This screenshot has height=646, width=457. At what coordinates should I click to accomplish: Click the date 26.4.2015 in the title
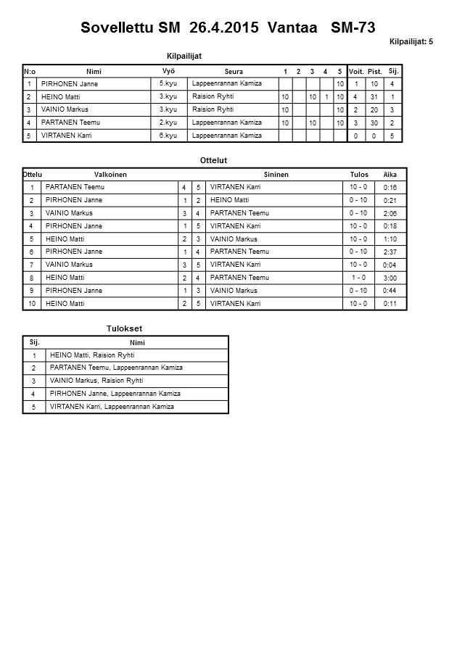pyautogui.click(x=225, y=28)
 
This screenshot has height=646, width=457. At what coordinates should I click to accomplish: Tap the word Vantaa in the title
pyautogui.click(x=293, y=28)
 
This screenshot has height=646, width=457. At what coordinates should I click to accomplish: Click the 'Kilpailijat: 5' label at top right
pyautogui.click(x=411, y=42)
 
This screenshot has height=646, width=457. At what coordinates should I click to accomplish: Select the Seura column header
pyautogui.click(x=234, y=71)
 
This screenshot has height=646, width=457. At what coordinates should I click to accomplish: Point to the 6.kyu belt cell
pyautogui.click(x=168, y=136)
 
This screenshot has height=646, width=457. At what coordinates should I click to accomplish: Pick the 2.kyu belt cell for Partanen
pyautogui.click(x=168, y=123)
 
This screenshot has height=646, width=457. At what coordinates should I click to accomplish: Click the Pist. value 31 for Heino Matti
pyautogui.click(x=374, y=96)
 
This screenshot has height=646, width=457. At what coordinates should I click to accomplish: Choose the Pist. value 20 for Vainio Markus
pyautogui.click(x=374, y=109)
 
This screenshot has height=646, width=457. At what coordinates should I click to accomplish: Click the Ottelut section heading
pyautogui.click(x=213, y=160)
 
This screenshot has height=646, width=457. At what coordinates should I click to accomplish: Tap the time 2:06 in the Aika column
pyautogui.click(x=390, y=213)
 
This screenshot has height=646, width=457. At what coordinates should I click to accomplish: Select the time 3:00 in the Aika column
pyautogui.click(x=390, y=278)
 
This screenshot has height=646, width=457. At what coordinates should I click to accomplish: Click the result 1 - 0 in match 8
pyautogui.click(x=358, y=278)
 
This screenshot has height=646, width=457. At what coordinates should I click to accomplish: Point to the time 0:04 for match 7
pyautogui.click(x=390, y=265)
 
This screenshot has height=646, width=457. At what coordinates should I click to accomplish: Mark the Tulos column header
pyautogui.click(x=359, y=175)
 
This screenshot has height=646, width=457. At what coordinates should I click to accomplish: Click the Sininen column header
pyautogui.click(x=276, y=175)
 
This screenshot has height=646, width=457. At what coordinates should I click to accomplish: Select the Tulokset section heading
pyautogui.click(x=125, y=328)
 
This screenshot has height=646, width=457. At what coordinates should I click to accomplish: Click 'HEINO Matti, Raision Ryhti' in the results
pyautogui.click(x=92, y=355)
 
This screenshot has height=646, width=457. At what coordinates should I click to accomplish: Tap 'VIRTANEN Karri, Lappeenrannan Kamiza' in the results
pyautogui.click(x=112, y=407)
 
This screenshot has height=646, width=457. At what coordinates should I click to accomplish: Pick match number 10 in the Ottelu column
pyautogui.click(x=31, y=304)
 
